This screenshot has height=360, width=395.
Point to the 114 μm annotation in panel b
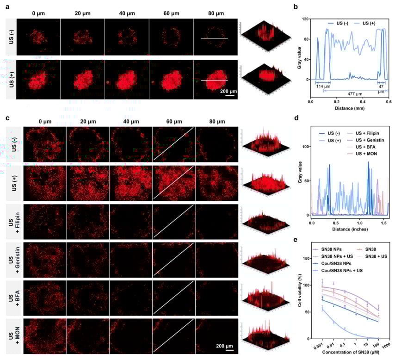322,86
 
